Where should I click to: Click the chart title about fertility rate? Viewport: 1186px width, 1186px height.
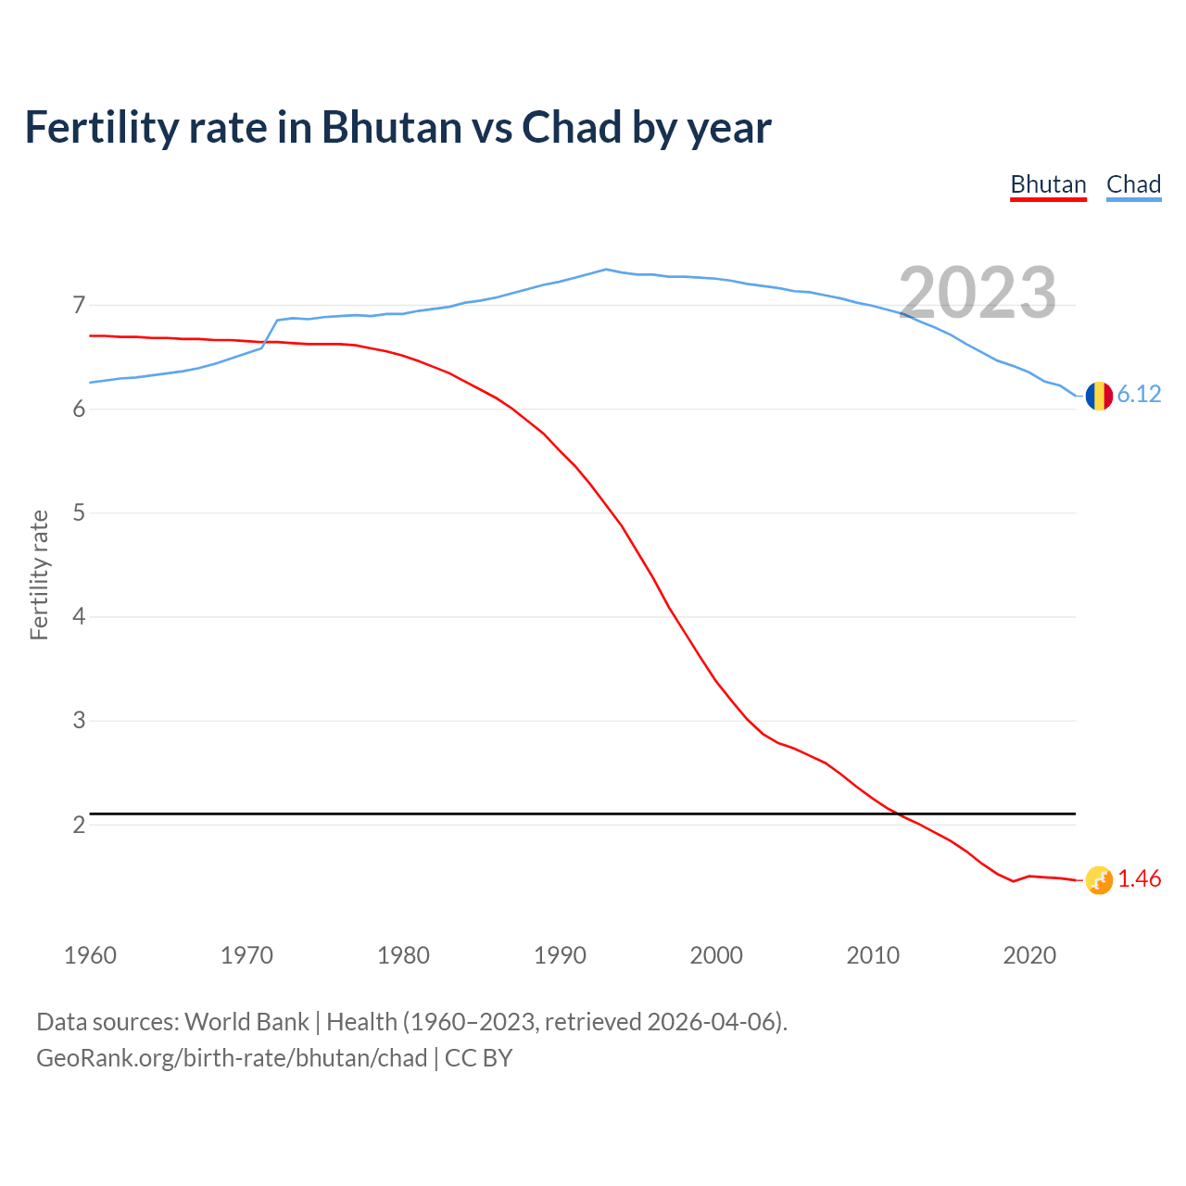(x=397, y=128)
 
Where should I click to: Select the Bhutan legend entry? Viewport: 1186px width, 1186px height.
(x=1048, y=184)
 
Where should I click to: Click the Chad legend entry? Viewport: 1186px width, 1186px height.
(x=1133, y=184)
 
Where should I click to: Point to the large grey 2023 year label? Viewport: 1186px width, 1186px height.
(x=978, y=293)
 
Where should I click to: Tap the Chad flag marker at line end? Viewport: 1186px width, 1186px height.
(x=1099, y=396)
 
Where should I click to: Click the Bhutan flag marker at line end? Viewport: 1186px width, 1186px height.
(x=1099, y=880)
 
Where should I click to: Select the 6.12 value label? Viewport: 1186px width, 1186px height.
(x=1139, y=395)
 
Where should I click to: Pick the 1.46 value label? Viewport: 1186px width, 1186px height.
(x=1139, y=879)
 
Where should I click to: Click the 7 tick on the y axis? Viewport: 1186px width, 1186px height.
(x=79, y=305)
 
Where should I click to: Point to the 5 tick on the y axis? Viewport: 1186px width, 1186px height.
(x=79, y=512)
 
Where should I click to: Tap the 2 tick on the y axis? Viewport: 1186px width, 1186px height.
(x=79, y=825)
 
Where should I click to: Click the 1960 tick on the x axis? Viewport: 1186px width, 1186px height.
(x=90, y=955)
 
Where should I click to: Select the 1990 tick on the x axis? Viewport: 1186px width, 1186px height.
(x=560, y=955)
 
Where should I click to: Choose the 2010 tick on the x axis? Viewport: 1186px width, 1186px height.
(x=873, y=955)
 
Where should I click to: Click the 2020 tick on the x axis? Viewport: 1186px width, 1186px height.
(x=1029, y=955)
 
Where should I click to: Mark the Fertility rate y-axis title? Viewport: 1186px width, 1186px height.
(x=39, y=574)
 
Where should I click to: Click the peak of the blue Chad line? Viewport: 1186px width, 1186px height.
(x=606, y=270)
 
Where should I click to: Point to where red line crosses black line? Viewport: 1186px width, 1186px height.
(x=895, y=814)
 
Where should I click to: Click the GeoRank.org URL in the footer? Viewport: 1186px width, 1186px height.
(x=232, y=1058)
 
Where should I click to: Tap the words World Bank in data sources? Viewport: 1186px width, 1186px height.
(x=246, y=1022)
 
